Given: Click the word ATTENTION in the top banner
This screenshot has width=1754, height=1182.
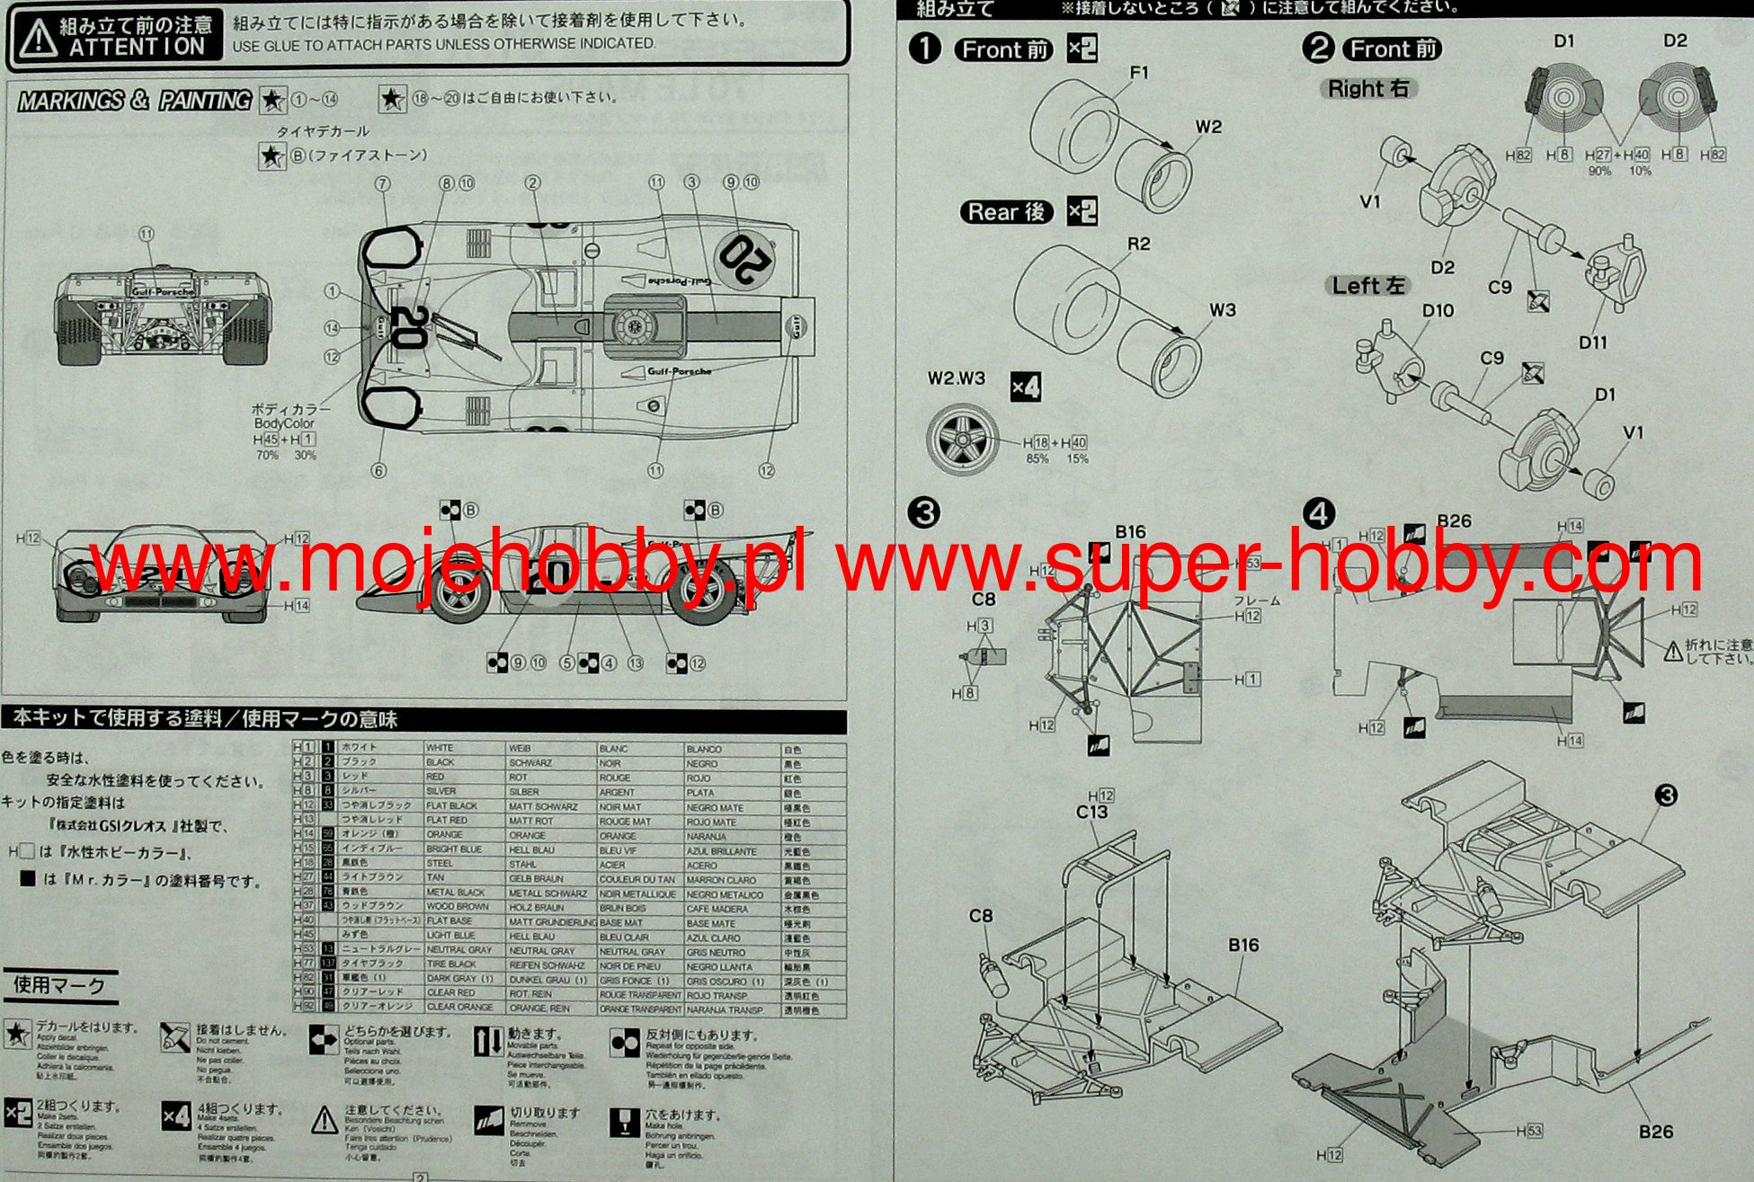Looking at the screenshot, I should [137, 47].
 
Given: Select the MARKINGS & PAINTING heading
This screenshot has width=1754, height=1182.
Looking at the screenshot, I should [134, 101].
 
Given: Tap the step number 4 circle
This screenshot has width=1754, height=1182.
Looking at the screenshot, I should [1318, 514].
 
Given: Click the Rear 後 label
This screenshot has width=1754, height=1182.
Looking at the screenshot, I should [1006, 212].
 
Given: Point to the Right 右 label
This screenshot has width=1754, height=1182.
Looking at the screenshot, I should [1367, 88].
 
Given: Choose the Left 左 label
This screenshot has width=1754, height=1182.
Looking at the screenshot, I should [1367, 286].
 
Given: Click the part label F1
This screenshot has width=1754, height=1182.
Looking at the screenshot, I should [1139, 73].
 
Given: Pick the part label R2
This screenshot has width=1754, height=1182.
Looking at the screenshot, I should [1138, 244].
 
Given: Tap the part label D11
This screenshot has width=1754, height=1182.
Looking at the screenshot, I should [1592, 342].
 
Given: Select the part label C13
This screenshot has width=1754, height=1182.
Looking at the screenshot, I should [1092, 813].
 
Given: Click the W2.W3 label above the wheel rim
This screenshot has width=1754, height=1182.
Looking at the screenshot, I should [957, 378].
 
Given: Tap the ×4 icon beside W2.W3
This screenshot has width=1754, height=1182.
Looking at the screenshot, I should [1026, 387].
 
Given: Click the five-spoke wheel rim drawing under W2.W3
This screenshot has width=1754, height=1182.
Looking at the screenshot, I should [964, 440].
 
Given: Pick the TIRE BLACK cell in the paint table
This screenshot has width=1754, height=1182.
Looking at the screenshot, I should [451, 964].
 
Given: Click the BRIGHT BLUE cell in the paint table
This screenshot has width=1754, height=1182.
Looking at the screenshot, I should [454, 849].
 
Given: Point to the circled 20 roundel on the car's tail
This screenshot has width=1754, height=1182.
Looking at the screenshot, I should [745, 257].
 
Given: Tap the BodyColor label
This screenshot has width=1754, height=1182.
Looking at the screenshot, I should [284, 423].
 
